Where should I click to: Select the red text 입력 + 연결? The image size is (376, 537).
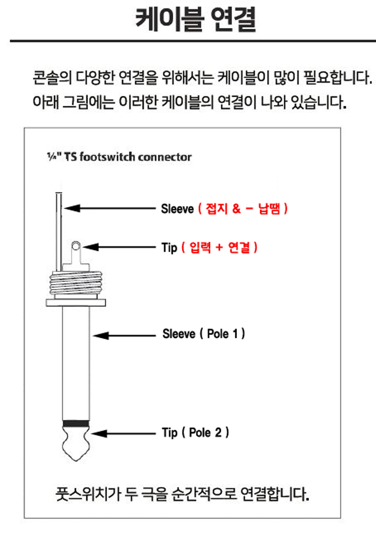(219, 248)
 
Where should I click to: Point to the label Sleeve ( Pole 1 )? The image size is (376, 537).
(203, 334)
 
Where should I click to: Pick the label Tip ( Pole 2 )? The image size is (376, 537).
(195, 433)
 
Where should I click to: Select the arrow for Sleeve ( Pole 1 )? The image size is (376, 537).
(124, 336)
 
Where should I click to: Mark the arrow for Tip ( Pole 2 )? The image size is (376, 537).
(124, 434)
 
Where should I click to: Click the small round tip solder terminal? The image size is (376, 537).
(76, 247)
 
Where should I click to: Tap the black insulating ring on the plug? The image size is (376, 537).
(77, 423)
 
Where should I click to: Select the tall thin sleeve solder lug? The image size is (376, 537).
(59, 232)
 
